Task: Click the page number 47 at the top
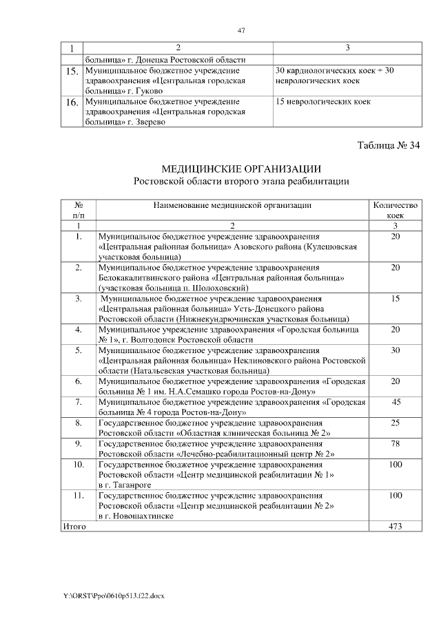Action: pos(241,30)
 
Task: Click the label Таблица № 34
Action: pos(389,145)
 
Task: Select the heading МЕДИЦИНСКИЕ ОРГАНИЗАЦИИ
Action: pos(241,169)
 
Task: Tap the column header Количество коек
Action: pos(395,210)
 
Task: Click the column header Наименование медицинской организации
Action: pos(232,205)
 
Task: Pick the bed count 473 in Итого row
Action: pos(395,527)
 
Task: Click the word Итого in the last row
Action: pos(74,527)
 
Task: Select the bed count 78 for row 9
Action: pos(395,444)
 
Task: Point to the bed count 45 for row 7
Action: pos(396,401)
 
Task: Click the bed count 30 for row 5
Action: pos(395,350)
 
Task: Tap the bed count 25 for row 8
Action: pos(395,423)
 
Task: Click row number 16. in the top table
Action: pos(71,103)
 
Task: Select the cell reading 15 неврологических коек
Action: pos(322,102)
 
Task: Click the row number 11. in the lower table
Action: pos(79,496)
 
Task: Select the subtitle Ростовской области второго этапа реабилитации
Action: pos(241,182)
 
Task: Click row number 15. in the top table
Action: pos(71,72)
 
